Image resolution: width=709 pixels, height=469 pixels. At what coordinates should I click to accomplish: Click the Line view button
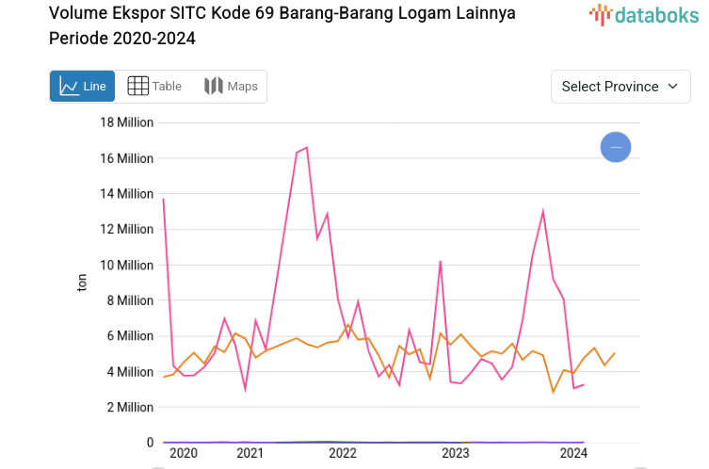click(x=82, y=87)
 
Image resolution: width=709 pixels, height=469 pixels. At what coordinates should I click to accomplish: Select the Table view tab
click(x=154, y=87)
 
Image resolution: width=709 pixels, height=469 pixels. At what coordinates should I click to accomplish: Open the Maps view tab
click(x=231, y=87)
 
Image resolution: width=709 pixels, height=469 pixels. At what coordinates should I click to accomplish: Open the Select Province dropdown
click(x=619, y=87)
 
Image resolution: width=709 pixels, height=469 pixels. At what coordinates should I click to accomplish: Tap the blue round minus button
click(x=616, y=147)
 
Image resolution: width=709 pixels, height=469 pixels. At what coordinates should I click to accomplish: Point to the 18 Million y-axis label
click(x=126, y=122)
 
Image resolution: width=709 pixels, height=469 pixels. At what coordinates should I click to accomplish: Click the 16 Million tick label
click(x=126, y=158)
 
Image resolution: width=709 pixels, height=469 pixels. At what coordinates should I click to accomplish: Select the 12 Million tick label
click(x=126, y=229)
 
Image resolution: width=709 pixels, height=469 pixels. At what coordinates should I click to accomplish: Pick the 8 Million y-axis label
click(x=130, y=300)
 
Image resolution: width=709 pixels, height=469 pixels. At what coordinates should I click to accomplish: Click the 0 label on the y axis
click(x=150, y=443)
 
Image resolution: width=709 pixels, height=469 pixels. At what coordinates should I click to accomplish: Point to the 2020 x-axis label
click(x=183, y=454)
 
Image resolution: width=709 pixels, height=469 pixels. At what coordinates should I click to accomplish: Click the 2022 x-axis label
click(x=343, y=454)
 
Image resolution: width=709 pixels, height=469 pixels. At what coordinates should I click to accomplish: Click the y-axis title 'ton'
click(x=82, y=283)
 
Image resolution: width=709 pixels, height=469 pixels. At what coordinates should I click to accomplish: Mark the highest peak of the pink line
click(x=307, y=147)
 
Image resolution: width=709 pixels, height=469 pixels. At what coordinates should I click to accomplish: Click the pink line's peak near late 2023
click(x=543, y=211)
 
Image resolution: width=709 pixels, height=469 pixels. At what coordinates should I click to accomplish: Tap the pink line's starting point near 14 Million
click(x=164, y=199)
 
